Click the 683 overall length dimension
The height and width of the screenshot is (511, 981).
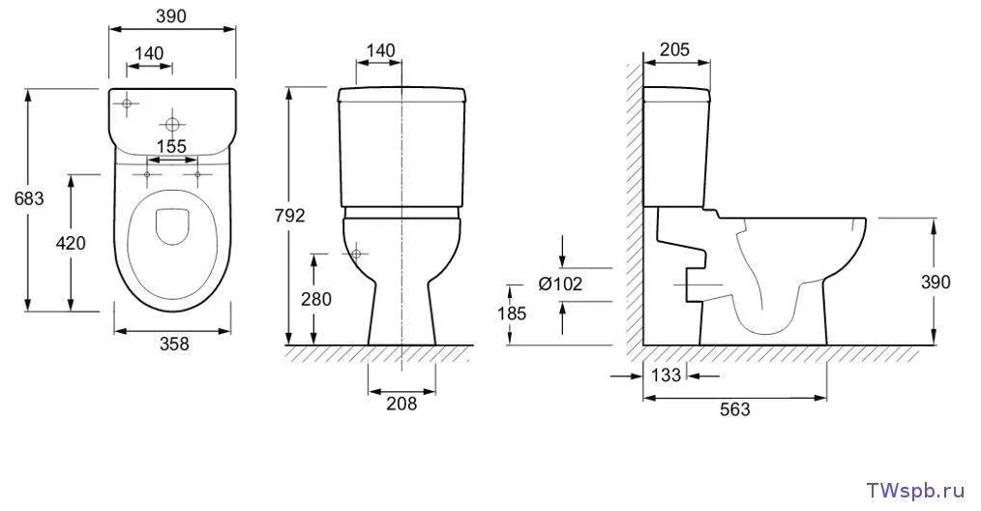[x=29, y=198]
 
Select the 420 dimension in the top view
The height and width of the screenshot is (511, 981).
[x=71, y=242]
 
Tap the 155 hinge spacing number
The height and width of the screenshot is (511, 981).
[x=171, y=146]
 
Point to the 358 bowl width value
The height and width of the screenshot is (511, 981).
[x=174, y=344]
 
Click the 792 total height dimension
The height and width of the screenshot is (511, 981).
[x=289, y=215]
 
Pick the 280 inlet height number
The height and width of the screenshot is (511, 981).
[x=316, y=299]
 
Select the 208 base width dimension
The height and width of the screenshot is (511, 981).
[x=401, y=404]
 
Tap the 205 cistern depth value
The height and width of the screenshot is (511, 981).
[x=674, y=48]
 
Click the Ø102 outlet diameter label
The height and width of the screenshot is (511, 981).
[x=560, y=284]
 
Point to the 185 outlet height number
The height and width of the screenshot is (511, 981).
[x=513, y=314]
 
